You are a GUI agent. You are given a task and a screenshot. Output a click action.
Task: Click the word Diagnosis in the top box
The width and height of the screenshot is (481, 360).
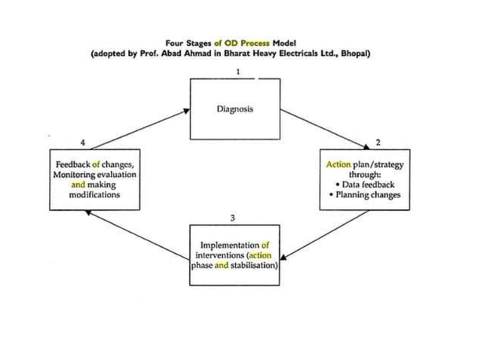(x=234, y=109)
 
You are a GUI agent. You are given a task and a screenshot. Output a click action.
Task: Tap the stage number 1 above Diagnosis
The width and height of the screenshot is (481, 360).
(x=238, y=71)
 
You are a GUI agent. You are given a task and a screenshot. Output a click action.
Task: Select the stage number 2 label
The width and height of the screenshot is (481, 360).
(x=378, y=142)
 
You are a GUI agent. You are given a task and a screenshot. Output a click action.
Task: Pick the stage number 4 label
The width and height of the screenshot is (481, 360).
(x=82, y=142)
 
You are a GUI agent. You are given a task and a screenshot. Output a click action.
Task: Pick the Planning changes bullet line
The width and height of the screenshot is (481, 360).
(x=366, y=194)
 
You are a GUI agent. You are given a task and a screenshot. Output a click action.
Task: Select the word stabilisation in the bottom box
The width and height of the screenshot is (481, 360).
(x=254, y=265)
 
